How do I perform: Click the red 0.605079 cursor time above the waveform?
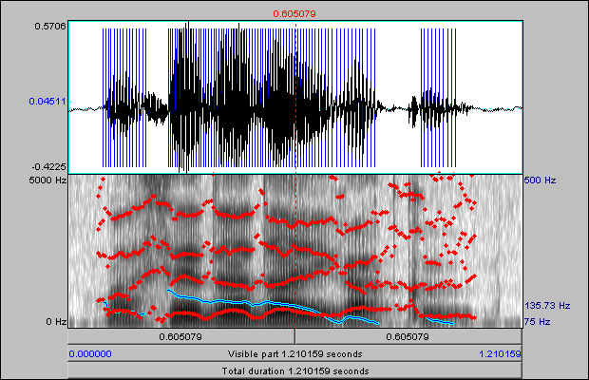point(294,13)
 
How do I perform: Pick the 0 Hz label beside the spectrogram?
point(53,322)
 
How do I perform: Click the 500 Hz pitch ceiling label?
point(539,180)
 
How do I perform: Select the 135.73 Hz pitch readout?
point(547,306)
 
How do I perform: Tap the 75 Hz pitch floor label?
point(537,322)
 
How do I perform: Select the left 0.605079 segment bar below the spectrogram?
point(180,336)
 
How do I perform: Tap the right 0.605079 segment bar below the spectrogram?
point(408,336)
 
